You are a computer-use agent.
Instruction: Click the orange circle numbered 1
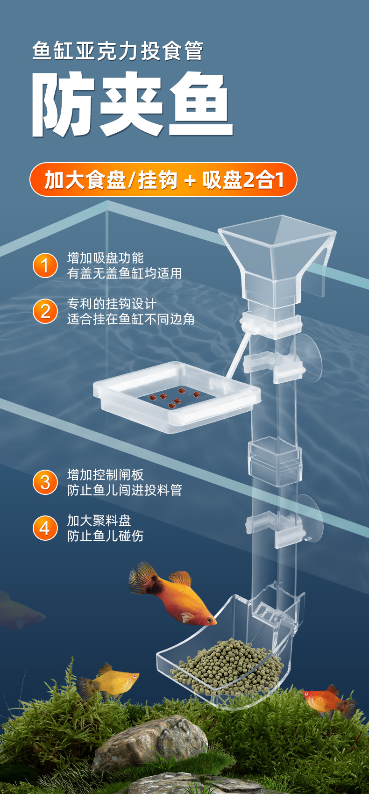point(45,265)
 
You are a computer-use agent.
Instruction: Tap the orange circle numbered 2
point(45,311)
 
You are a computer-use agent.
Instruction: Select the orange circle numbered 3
point(45,482)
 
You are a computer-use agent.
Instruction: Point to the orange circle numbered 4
point(45,528)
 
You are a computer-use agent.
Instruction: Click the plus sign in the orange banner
point(190,180)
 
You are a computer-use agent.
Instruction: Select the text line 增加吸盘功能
point(106,258)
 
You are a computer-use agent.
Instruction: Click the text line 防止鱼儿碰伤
point(106,536)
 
